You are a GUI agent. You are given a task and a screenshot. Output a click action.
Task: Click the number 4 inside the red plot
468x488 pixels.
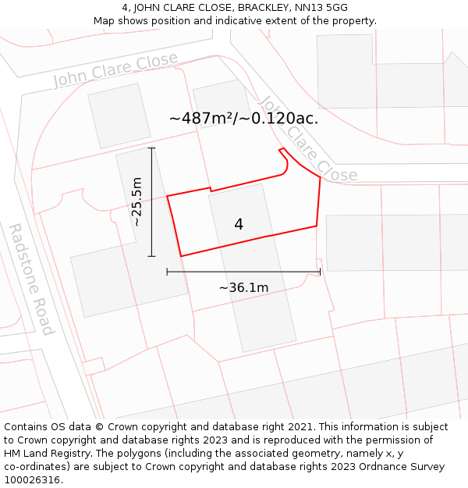[x=239, y=224]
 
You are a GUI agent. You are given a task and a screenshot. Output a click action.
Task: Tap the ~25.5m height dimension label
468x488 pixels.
[x=136, y=201]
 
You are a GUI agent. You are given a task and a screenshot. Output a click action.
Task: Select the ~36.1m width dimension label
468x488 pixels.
[x=243, y=288]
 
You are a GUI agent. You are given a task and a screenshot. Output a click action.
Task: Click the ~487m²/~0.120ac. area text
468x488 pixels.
[x=243, y=119]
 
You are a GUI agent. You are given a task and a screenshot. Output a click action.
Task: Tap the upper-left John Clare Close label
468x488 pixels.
[x=115, y=69]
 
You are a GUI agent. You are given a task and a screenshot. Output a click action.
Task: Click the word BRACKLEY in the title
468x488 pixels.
[x=266, y=8]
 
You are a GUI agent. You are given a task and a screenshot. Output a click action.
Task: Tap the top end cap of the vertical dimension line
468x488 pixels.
[x=151, y=148]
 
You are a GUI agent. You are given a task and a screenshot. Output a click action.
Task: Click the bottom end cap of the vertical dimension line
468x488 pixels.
[x=151, y=256]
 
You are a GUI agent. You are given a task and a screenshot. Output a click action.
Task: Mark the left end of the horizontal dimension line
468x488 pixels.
[x=167, y=272]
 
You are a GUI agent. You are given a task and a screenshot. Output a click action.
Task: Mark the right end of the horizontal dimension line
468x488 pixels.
[x=320, y=272]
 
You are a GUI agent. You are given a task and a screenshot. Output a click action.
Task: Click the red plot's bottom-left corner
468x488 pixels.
[x=181, y=256]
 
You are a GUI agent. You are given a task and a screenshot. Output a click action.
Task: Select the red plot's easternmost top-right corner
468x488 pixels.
[x=320, y=177]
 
